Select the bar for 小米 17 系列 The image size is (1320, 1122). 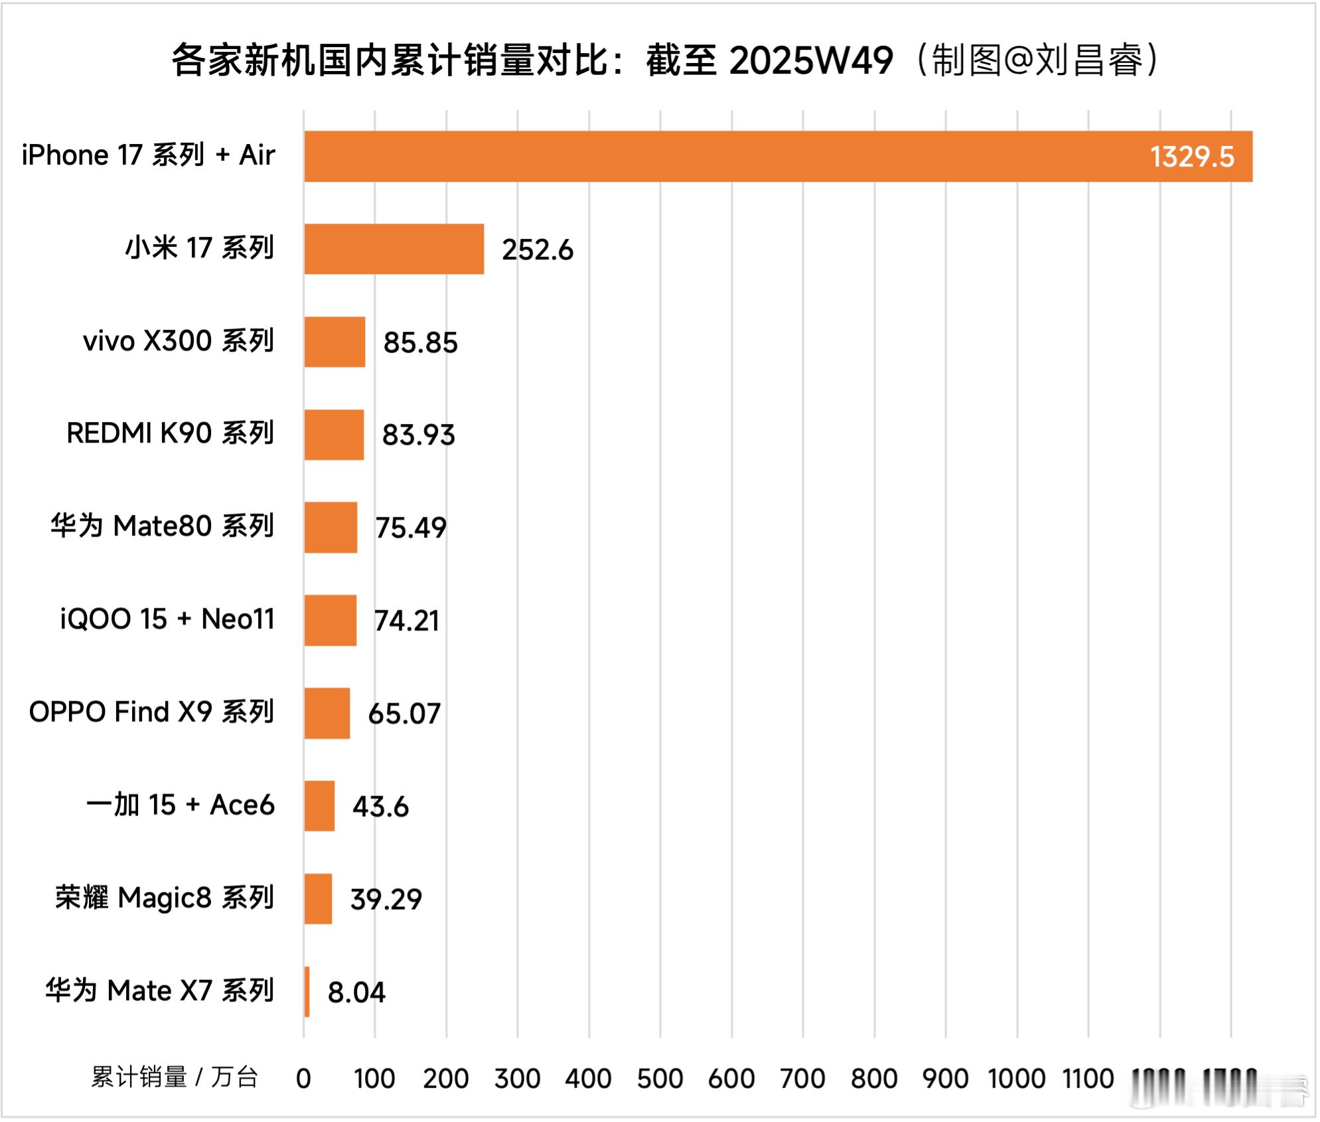[x=394, y=249]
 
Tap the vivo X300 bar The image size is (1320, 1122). [x=334, y=342]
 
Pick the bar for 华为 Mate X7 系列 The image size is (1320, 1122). [x=307, y=991]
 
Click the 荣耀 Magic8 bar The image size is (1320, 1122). [x=318, y=898]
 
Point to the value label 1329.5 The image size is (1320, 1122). [x=1191, y=157]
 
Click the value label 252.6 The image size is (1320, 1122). [x=537, y=250]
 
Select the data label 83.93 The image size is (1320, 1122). [x=418, y=435]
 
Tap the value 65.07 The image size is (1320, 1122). [x=404, y=714]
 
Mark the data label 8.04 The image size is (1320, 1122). [x=356, y=993]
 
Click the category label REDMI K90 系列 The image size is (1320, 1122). [x=170, y=433]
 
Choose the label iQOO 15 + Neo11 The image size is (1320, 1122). [x=167, y=619]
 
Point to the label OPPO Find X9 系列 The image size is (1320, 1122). [x=151, y=712]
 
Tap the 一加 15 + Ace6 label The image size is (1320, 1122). [x=180, y=805]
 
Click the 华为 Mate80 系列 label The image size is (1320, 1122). [x=162, y=526]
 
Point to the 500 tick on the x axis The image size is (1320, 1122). [x=660, y=1079]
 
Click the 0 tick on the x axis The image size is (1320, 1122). [x=303, y=1079]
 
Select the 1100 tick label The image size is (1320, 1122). [x=1088, y=1079]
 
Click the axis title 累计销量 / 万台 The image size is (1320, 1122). [x=174, y=1078]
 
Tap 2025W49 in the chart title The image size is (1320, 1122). [x=811, y=60]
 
